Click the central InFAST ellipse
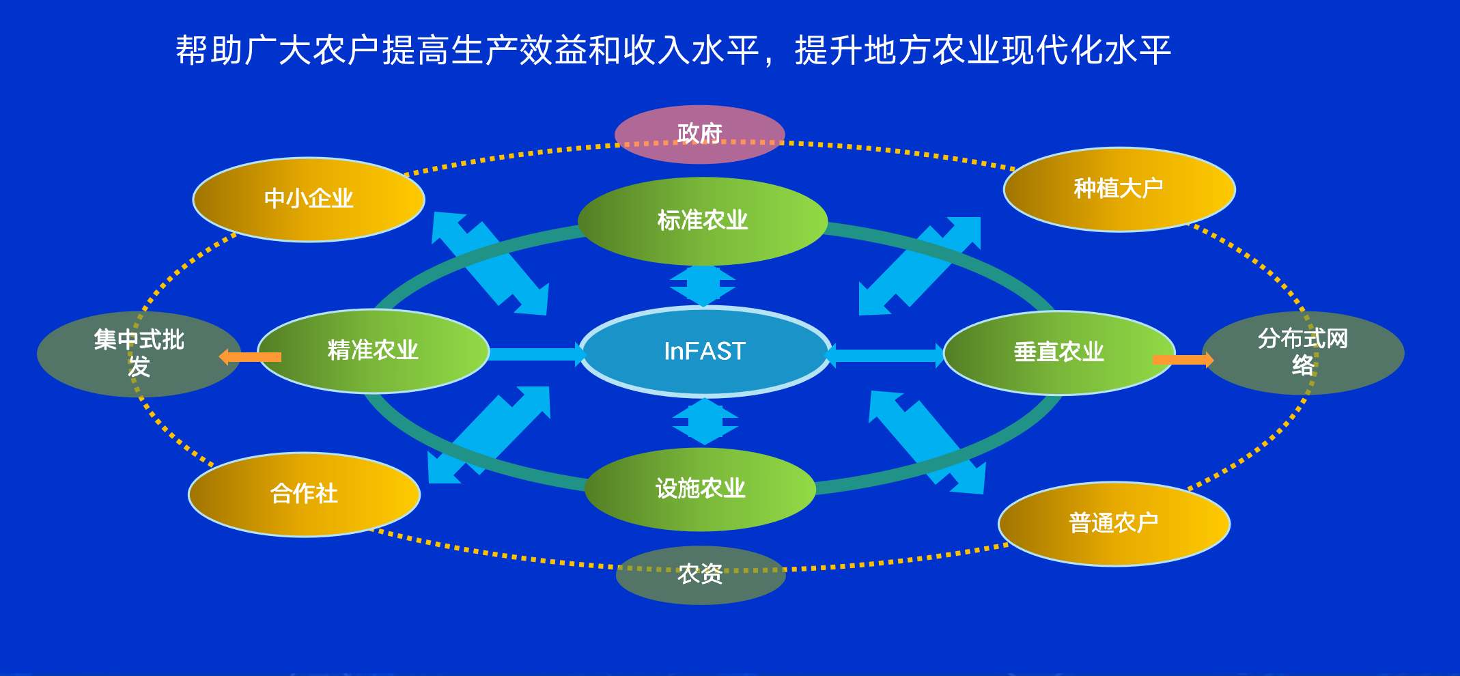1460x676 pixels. point(705,351)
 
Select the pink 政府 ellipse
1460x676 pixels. point(699,134)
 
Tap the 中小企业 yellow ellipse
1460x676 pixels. point(309,199)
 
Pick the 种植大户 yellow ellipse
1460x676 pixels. point(1119,189)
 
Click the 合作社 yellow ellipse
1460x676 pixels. point(304,494)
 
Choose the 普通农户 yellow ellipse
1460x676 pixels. point(1113,524)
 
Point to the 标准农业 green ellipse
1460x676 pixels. point(702,221)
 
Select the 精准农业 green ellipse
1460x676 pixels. point(373,350)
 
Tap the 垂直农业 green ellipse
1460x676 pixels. point(1058,352)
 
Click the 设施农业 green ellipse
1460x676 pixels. point(700,489)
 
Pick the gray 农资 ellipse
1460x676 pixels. point(700,574)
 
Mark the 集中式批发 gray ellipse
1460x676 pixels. point(139,353)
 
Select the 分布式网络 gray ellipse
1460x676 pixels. point(1302,352)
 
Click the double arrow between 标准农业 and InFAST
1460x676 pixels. point(703,285)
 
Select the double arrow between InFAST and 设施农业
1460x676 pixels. point(705,421)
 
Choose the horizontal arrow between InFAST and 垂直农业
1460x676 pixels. point(886,355)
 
